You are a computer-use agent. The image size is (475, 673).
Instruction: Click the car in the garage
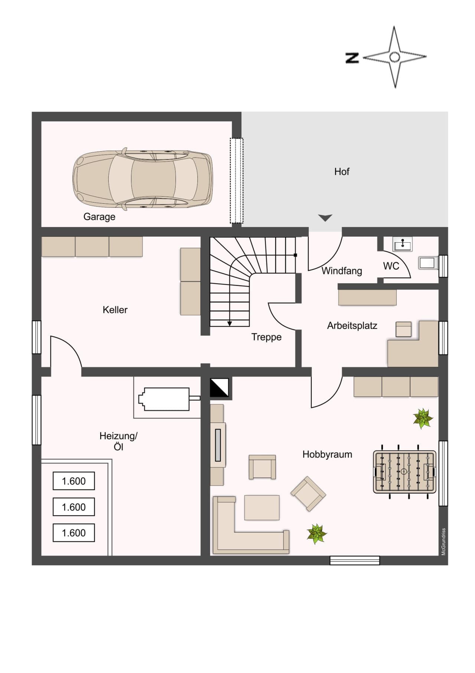coord(142,179)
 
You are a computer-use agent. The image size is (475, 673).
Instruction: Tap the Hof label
coord(342,172)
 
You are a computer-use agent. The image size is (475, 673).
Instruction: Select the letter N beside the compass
coord(352,58)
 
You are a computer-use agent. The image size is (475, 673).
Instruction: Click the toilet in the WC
coord(428,263)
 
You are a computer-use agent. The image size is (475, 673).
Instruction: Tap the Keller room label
coord(115,310)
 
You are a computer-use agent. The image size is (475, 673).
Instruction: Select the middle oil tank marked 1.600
coord(74,507)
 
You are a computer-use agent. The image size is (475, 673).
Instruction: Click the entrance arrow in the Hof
coord(325,218)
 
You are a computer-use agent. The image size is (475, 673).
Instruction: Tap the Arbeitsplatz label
coord(352,326)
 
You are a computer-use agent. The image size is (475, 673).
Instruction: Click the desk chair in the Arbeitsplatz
coord(403,329)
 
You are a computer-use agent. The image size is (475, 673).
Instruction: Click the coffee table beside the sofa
coord(262,508)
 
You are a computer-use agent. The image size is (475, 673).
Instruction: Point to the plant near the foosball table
coord(423,418)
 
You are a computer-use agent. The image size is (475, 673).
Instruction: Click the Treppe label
coord(266,337)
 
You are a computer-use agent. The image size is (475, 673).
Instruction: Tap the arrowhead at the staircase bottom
coord(230,324)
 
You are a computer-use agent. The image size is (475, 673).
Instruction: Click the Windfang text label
coord(342,271)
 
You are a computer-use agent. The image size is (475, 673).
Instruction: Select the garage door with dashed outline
coord(236,181)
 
